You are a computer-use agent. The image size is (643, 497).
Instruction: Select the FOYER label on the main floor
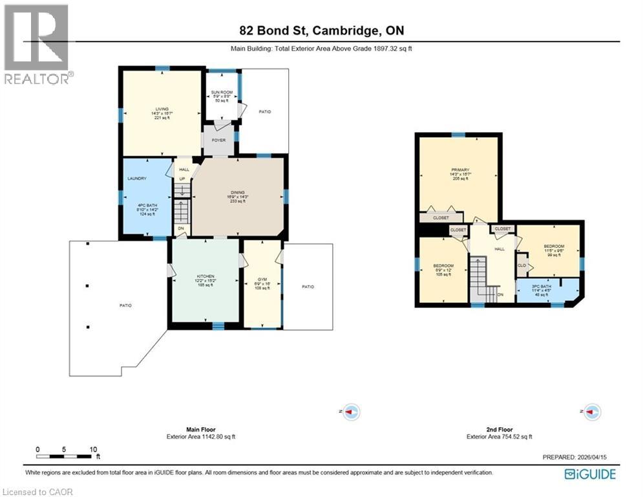(x=218, y=138)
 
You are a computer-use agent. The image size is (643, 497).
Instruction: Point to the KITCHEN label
(x=205, y=276)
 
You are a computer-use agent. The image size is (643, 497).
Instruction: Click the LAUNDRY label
(x=138, y=179)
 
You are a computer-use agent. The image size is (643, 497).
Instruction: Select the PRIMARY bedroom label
(x=459, y=170)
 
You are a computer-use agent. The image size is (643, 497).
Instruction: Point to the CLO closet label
(x=521, y=265)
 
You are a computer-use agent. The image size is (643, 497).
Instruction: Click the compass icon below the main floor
(x=352, y=412)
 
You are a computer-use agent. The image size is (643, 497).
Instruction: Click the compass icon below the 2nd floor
(x=592, y=412)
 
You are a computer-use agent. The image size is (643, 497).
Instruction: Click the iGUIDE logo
(x=589, y=474)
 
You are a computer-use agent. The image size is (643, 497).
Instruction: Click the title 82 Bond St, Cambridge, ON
(x=321, y=31)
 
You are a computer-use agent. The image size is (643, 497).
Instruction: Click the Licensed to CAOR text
(x=37, y=492)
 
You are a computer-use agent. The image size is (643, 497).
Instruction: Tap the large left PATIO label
(x=125, y=305)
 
